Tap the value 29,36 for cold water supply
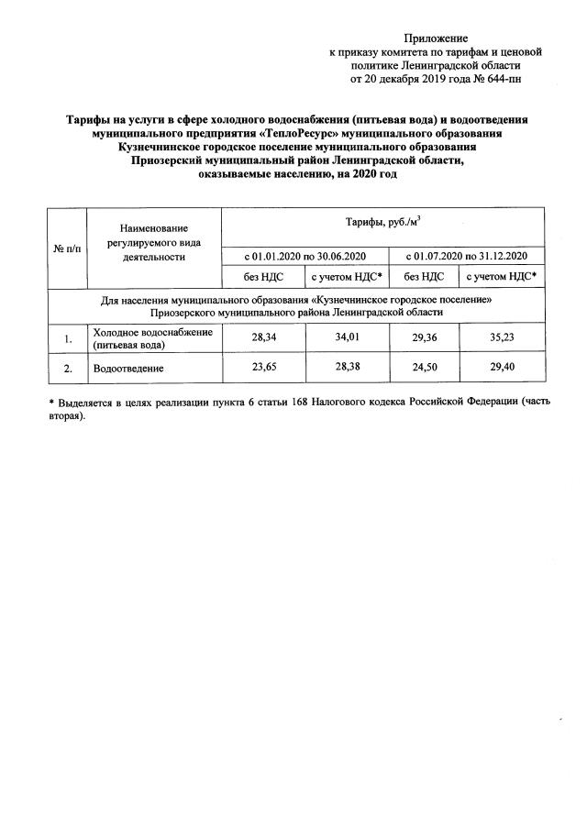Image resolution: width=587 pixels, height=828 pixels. click(x=425, y=337)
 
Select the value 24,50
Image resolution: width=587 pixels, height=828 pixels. click(x=425, y=368)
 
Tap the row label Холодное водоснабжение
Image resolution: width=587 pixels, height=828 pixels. click(x=152, y=332)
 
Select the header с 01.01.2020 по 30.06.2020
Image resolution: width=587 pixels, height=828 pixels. click(x=305, y=254)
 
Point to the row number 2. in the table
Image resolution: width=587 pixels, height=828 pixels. click(x=68, y=369)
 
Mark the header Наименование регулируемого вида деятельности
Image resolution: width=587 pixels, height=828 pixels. click(x=153, y=242)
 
